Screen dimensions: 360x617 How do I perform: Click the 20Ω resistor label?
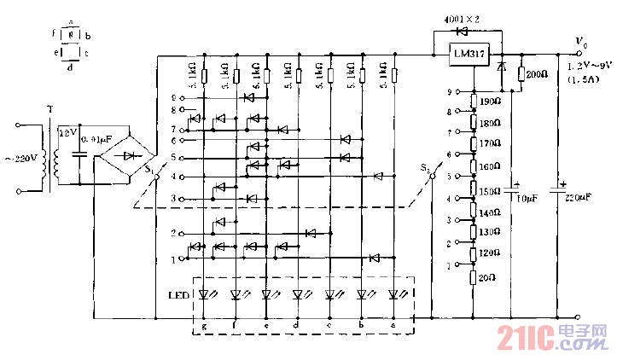click(x=488, y=276)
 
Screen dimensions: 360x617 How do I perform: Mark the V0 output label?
click(x=582, y=42)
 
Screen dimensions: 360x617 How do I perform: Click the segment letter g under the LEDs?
click(x=204, y=326)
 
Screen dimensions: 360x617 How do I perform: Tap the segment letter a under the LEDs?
click(x=393, y=326)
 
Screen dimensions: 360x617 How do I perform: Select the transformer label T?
click(x=50, y=110)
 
